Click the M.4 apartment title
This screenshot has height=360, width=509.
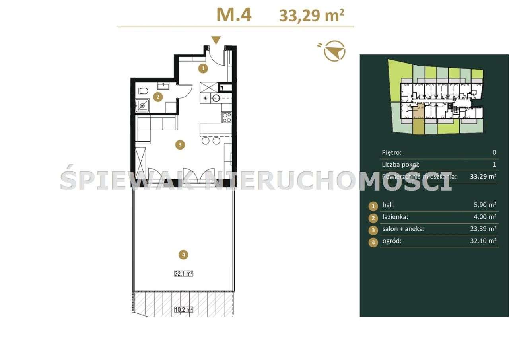click(x=234, y=15)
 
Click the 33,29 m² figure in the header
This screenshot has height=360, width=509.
click(x=311, y=16)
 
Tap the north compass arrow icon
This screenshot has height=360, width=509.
click(x=334, y=51)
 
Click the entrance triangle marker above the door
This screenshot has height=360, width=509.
click(x=216, y=40)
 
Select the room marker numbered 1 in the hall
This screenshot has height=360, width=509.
click(x=203, y=68)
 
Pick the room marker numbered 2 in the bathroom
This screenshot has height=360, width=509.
click(x=158, y=97)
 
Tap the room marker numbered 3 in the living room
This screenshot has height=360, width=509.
click(x=180, y=145)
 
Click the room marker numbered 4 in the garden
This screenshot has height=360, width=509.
click(x=183, y=254)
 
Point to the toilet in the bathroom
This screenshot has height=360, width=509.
click(x=144, y=90)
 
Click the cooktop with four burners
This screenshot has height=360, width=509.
click(x=227, y=117)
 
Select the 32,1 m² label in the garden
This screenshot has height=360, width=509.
click(x=183, y=274)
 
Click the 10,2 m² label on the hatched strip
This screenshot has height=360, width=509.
click(x=183, y=309)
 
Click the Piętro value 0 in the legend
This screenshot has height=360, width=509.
click(x=494, y=152)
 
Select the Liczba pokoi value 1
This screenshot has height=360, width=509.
click(x=494, y=164)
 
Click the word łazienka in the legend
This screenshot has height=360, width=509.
click(x=394, y=217)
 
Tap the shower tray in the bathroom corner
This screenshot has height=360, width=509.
click(x=142, y=105)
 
